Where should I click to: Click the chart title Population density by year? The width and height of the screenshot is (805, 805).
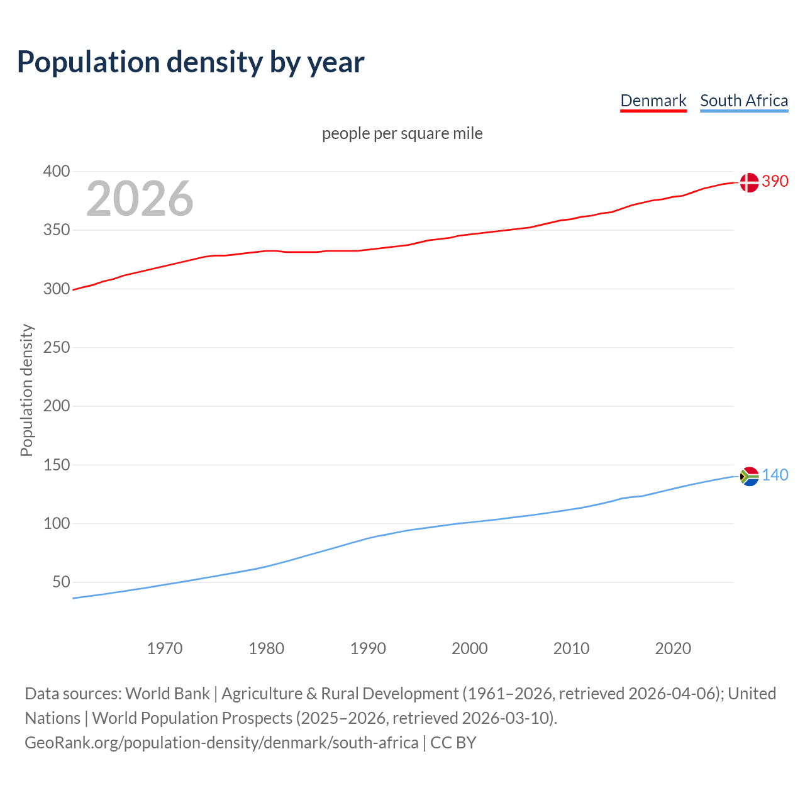coord(191,62)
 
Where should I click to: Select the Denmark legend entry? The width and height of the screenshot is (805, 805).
coord(653,101)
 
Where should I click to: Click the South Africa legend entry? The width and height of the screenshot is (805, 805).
coord(743,101)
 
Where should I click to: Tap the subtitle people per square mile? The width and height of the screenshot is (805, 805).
coord(402,133)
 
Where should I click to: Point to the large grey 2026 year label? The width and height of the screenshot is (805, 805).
coord(140,199)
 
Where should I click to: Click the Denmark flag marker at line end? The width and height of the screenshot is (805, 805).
coord(748,182)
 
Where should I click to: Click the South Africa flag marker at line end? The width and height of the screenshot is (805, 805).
coord(748,477)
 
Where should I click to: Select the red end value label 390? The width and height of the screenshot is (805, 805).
coord(775,181)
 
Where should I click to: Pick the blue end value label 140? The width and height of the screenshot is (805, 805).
coord(775,475)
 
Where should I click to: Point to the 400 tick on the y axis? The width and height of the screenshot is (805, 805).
coord(57,171)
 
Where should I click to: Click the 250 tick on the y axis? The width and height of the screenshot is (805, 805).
coord(57,347)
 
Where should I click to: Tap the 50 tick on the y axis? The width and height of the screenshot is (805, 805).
coord(61,582)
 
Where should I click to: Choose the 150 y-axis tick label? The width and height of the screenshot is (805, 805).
coord(57,465)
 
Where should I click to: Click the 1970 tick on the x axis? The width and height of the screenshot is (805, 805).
coord(165,648)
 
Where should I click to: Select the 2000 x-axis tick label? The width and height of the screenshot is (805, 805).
coord(469,648)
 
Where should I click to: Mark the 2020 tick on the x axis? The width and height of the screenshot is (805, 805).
coord(673,648)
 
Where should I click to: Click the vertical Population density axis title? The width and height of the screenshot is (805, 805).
coord(26,390)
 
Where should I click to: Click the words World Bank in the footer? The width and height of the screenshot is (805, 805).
coord(167,694)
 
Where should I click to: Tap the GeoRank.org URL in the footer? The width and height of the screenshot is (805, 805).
coord(221,743)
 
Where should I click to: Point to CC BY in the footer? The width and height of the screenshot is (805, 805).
coord(453,743)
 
